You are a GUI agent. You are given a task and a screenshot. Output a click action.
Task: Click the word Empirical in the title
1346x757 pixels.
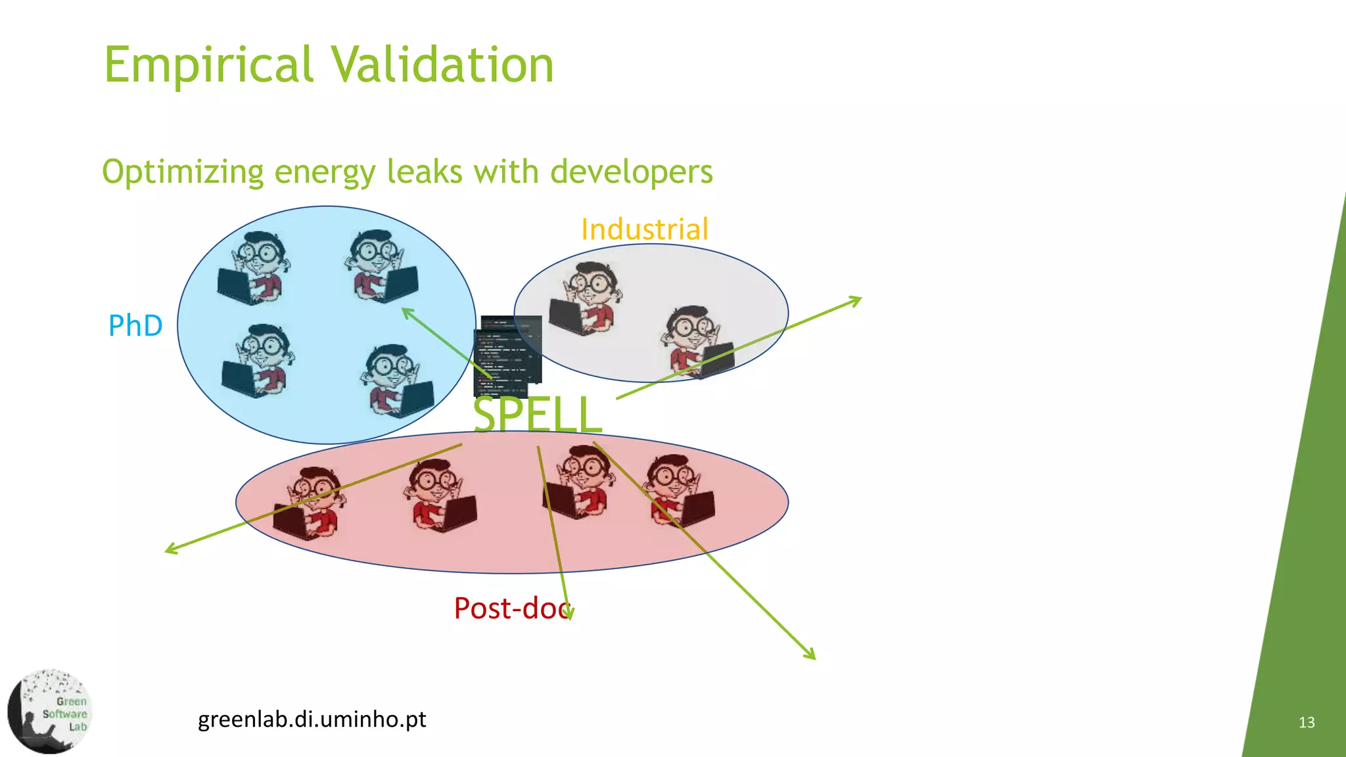[209, 66]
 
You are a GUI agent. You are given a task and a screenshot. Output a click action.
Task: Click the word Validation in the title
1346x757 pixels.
[442, 66]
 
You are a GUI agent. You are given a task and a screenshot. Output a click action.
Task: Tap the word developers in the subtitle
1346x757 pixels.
[631, 172]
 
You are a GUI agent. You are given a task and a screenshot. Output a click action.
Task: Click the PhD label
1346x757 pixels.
[135, 326]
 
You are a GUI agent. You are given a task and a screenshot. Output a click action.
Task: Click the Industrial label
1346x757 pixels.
[644, 229]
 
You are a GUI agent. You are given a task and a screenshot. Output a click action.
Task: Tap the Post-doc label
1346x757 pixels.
[511, 608]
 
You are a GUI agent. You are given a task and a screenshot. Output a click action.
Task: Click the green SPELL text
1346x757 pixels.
[537, 414]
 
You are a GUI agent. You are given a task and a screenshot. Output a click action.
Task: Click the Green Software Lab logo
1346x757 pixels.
[50, 711]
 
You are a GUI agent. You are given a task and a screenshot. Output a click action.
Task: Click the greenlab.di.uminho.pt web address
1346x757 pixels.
[312, 720]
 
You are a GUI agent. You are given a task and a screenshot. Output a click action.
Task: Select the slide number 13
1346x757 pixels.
[1307, 723]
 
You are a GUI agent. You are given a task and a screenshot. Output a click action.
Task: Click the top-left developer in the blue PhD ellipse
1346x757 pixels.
[252, 268]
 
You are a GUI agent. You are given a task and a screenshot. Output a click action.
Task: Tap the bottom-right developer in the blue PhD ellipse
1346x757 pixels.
[398, 381]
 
